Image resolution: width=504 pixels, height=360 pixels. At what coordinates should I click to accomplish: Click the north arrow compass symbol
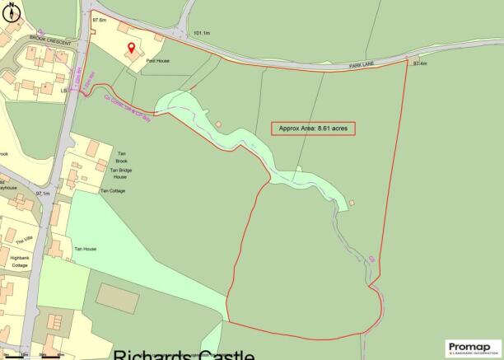pyautogui.click(x=9, y=11)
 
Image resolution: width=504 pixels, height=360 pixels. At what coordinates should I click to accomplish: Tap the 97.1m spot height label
pyautogui.click(x=44, y=194)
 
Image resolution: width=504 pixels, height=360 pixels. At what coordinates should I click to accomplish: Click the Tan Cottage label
pyautogui.click(x=112, y=190)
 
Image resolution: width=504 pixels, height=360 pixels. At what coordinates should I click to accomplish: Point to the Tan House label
pyautogui.click(x=86, y=249)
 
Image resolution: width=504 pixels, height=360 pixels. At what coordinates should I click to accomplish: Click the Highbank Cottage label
pyautogui.click(x=20, y=262)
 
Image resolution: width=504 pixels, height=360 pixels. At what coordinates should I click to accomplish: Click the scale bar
pyautogui.click(x=41, y=356)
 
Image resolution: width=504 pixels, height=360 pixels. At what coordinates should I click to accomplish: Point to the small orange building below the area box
pyautogui.click(x=352, y=203)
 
